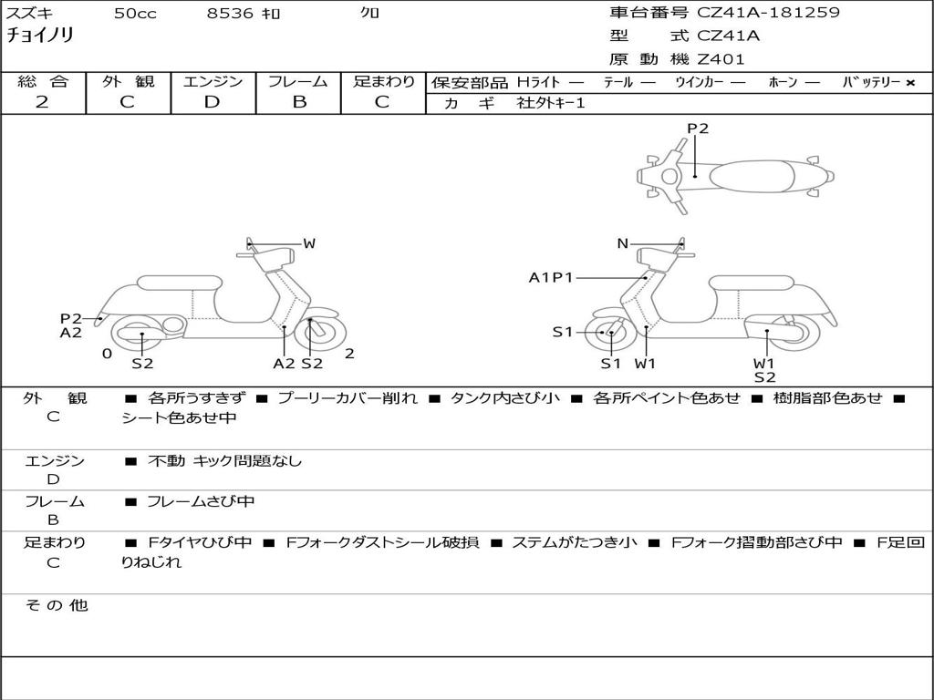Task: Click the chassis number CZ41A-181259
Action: click(x=768, y=13)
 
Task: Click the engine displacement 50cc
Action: click(x=135, y=14)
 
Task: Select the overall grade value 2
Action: click(x=42, y=102)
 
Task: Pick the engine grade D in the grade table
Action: click(x=212, y=102)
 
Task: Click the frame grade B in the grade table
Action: click(x=299, y=102)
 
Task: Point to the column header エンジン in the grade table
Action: click(x=213, y=81)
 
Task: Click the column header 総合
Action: click(x=43, y=81)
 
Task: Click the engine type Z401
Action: click(x=721, y=59)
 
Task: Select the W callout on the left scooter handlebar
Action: click(x=309, y=243)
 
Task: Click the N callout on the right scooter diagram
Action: click(x=623, y=243)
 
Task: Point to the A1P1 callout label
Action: click(x=551, y=277)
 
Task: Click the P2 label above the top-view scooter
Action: click(x=698, y=129)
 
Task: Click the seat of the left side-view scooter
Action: click(x=180, y=283)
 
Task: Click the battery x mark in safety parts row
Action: click(x=909, y=82)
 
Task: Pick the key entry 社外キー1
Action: click(x=551, y=103)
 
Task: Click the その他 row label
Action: click(x=56, y=605)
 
